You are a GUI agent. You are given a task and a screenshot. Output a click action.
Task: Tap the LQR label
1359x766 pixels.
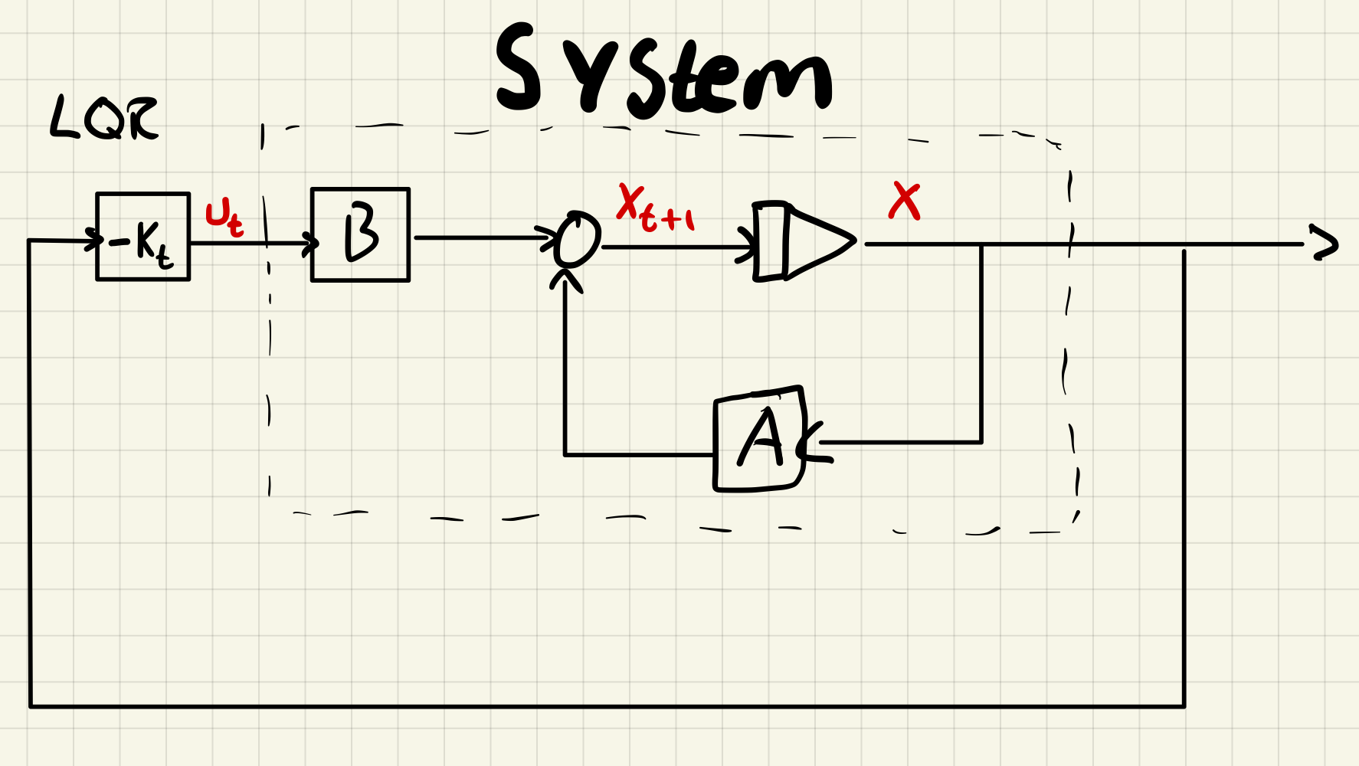104,119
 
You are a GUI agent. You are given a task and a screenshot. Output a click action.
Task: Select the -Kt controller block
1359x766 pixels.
143,237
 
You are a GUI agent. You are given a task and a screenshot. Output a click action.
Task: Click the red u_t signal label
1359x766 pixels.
224,218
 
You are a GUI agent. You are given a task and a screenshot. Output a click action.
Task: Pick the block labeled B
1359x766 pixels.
361,234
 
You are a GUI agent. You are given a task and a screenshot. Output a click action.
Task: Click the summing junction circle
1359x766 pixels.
578,239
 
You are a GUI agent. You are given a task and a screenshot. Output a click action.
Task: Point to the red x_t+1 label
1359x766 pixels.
655,208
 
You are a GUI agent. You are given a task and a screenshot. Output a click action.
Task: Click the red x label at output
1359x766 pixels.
905,201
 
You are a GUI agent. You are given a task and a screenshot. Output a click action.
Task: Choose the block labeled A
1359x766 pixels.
759,440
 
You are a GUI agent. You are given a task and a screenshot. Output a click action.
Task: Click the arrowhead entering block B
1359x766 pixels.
310,244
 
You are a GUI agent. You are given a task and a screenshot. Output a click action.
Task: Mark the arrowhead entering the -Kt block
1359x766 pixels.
96,240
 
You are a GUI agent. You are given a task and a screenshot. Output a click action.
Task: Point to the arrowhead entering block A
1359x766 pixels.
810,443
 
